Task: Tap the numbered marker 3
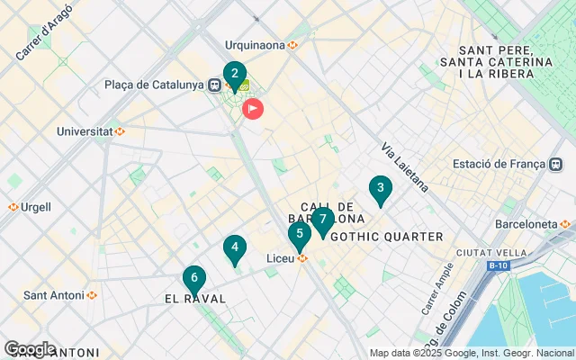pyautogui.click(x=381, y=189)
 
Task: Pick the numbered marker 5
pyautogui.click(x=300, y=235)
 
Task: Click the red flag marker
pyautogui.click(x=254, y=110)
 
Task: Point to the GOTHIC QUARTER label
pyautogui.click(x=387, y=237)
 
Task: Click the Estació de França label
pyautogui.click(x=499, y=164)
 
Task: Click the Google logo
pyautogui.click(x=30, y=349)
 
